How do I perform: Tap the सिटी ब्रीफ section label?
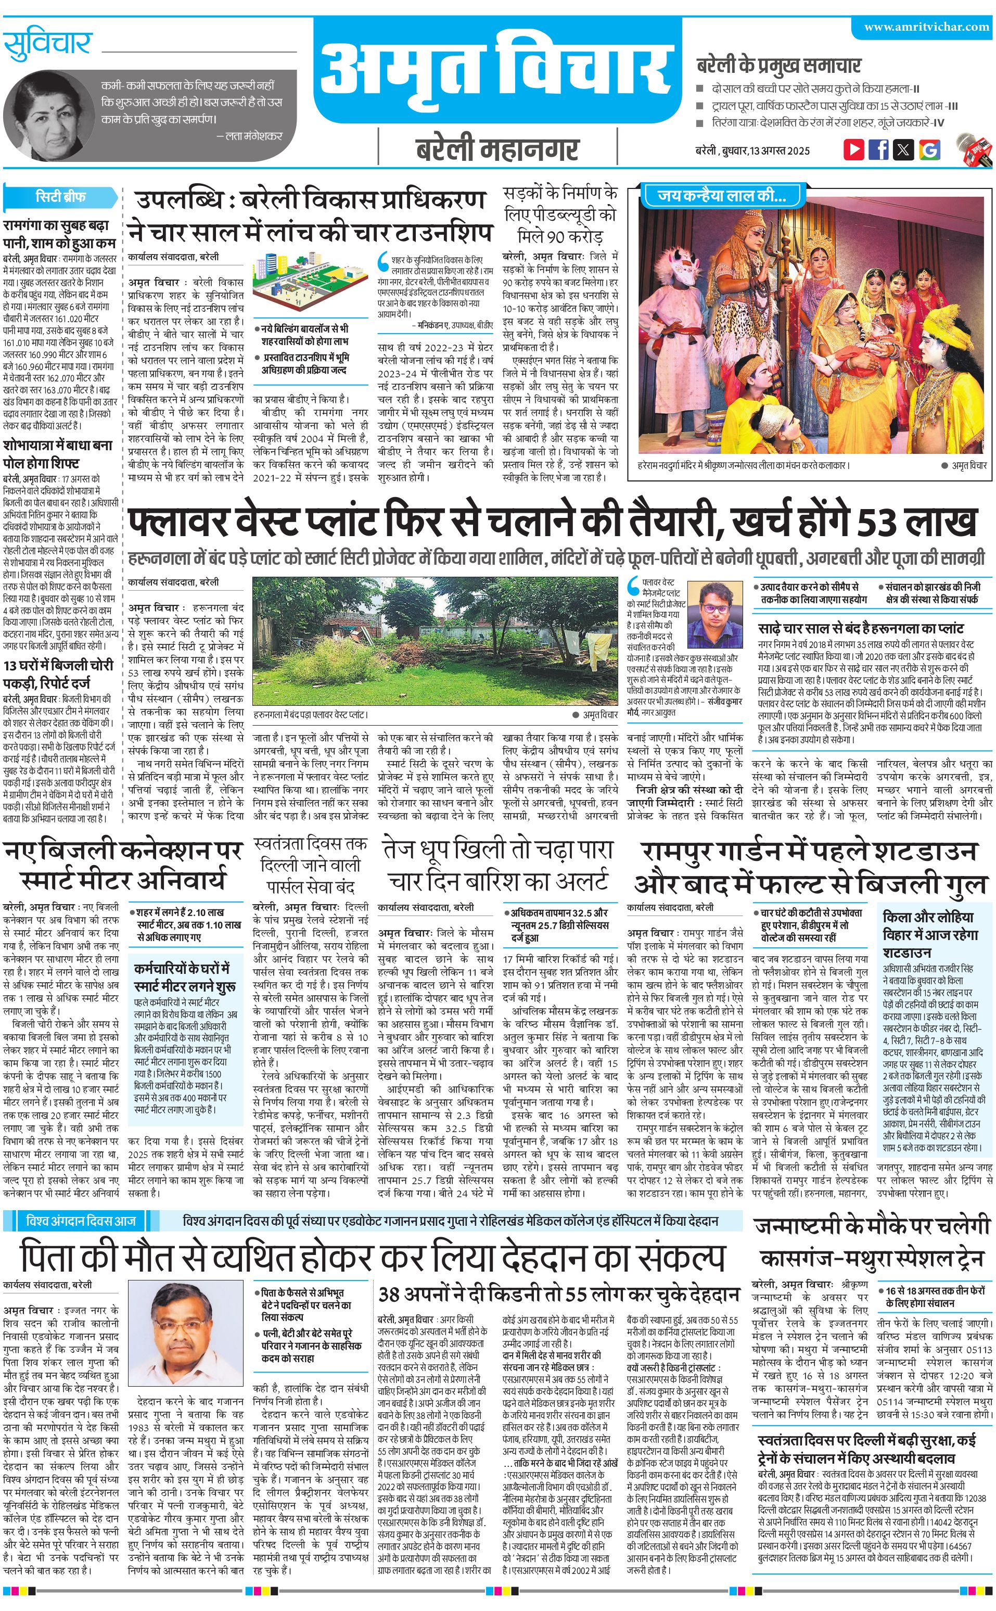60,196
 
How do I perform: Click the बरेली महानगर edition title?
497,149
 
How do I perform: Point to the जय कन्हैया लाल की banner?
721,196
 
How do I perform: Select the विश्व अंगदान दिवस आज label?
80,1221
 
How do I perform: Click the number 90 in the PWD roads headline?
556,236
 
